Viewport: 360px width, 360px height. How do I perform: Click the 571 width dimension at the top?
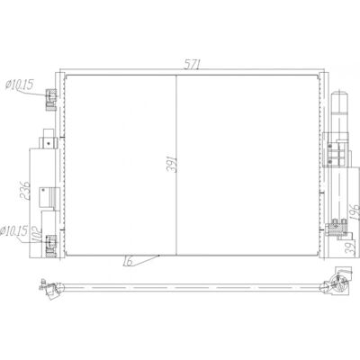coord(192,64)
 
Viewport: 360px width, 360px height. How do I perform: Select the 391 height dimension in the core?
coord(172,164)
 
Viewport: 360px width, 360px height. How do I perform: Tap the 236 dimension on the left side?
coord(25,191)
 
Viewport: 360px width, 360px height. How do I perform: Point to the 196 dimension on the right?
coord(355,212)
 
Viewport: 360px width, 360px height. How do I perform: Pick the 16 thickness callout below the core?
coord(128,261)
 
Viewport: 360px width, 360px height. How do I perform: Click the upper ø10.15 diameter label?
coord(19,85)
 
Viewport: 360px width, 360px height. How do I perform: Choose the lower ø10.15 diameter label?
coord(13,231)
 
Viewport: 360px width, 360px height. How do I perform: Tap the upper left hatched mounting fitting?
coord(51,100)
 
